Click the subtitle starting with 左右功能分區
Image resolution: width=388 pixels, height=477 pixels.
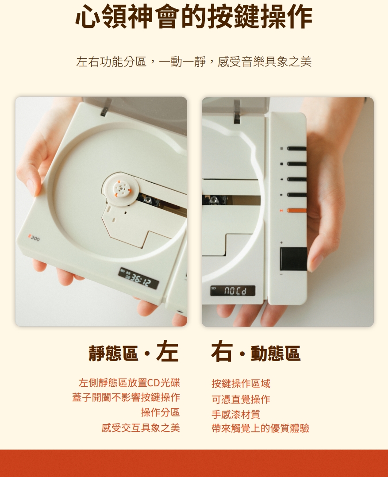click(194, 62)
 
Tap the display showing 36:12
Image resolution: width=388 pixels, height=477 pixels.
click(138, 278)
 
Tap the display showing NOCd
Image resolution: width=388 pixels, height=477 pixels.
click(232, 291)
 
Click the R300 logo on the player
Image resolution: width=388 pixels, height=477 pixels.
click(34, 238)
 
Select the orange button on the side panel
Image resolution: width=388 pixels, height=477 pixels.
click(296, 210)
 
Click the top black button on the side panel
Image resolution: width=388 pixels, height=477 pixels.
click(296, 149)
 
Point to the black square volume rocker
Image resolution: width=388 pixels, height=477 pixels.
click(293, 259)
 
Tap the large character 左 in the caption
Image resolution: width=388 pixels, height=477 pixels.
click(167, 352)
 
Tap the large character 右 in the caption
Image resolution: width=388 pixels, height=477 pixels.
click(222, 352)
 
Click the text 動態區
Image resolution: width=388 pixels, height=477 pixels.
click(275, 354)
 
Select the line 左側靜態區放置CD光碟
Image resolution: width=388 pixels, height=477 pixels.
click(129, 383)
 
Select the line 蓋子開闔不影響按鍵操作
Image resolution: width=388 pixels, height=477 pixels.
click(126, 397)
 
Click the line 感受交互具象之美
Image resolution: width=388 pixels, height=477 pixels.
click(141, 428)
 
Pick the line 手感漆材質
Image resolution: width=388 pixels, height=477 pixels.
click(235, 414)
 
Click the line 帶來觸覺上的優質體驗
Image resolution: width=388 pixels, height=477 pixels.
click(260, 428)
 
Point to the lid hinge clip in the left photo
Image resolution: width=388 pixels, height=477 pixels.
click(106, 107)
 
